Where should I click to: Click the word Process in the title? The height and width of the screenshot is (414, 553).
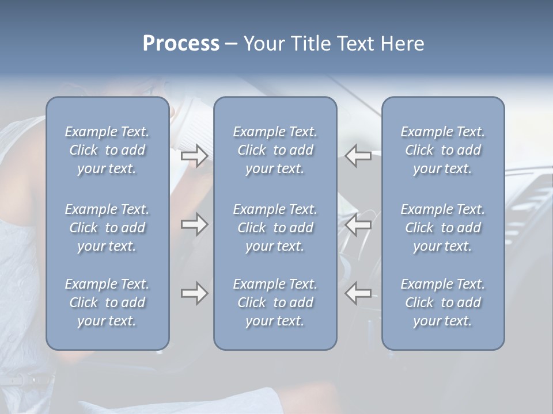tap(181, 44)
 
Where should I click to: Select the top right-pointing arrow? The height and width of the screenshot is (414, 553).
tap(194, 156)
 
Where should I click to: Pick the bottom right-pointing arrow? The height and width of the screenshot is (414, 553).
tap(194, 293)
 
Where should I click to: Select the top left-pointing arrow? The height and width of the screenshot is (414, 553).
tap(358, 156)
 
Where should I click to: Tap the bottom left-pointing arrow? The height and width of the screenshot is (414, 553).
tap(358, 293)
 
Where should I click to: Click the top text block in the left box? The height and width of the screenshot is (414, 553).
tap(107, 150)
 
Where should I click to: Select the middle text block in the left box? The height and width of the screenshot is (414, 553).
tap(107, 228)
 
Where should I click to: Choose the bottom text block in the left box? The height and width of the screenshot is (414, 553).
tap(107, 302)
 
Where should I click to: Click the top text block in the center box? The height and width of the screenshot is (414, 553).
tap(275, 150)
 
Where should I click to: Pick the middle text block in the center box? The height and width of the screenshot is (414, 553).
tap(275, 228)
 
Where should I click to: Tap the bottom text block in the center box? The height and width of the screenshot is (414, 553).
tap(275, 302)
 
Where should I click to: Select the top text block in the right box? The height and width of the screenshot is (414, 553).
tap(443, 150)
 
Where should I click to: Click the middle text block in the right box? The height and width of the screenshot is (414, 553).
tap(443, 228)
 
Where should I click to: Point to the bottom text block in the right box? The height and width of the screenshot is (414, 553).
tap(443, 302)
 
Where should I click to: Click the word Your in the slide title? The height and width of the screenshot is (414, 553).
tap(263, 44)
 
